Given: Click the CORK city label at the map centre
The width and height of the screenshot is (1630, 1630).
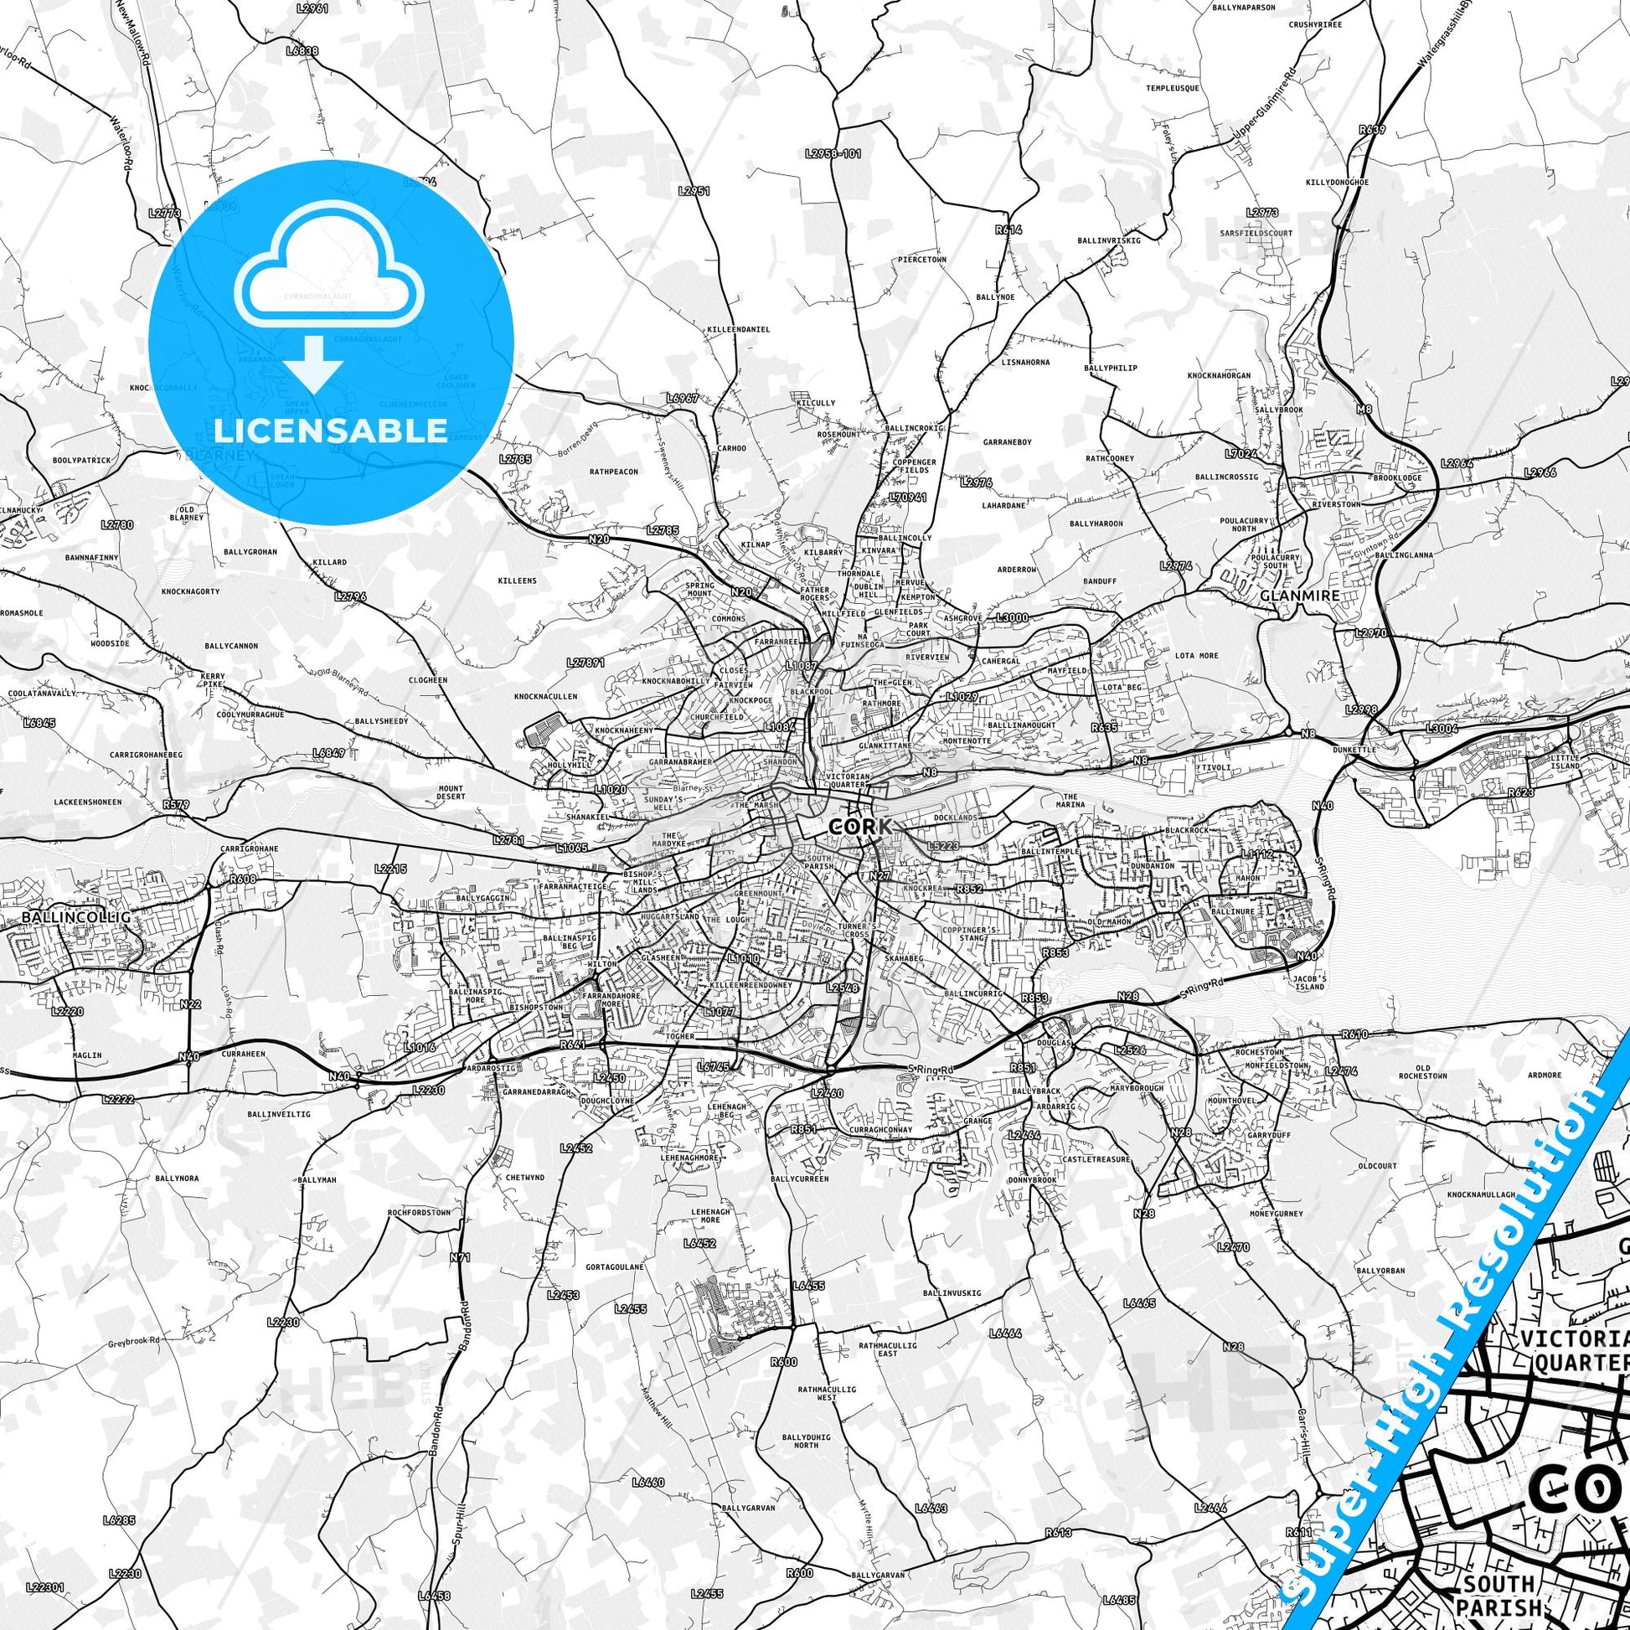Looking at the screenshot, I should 859,826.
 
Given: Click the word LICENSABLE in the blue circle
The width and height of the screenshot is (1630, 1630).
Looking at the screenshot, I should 330,431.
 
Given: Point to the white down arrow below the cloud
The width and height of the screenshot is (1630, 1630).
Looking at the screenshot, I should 312,363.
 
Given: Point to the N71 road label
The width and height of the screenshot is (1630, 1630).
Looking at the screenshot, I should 461,1256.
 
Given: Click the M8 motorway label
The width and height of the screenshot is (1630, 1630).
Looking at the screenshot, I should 1364,410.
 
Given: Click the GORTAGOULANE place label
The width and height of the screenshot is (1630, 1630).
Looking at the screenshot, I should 615,1266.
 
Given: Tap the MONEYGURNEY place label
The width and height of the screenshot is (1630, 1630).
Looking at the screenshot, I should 1277,1213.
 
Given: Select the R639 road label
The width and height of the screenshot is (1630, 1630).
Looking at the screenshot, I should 1373,131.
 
